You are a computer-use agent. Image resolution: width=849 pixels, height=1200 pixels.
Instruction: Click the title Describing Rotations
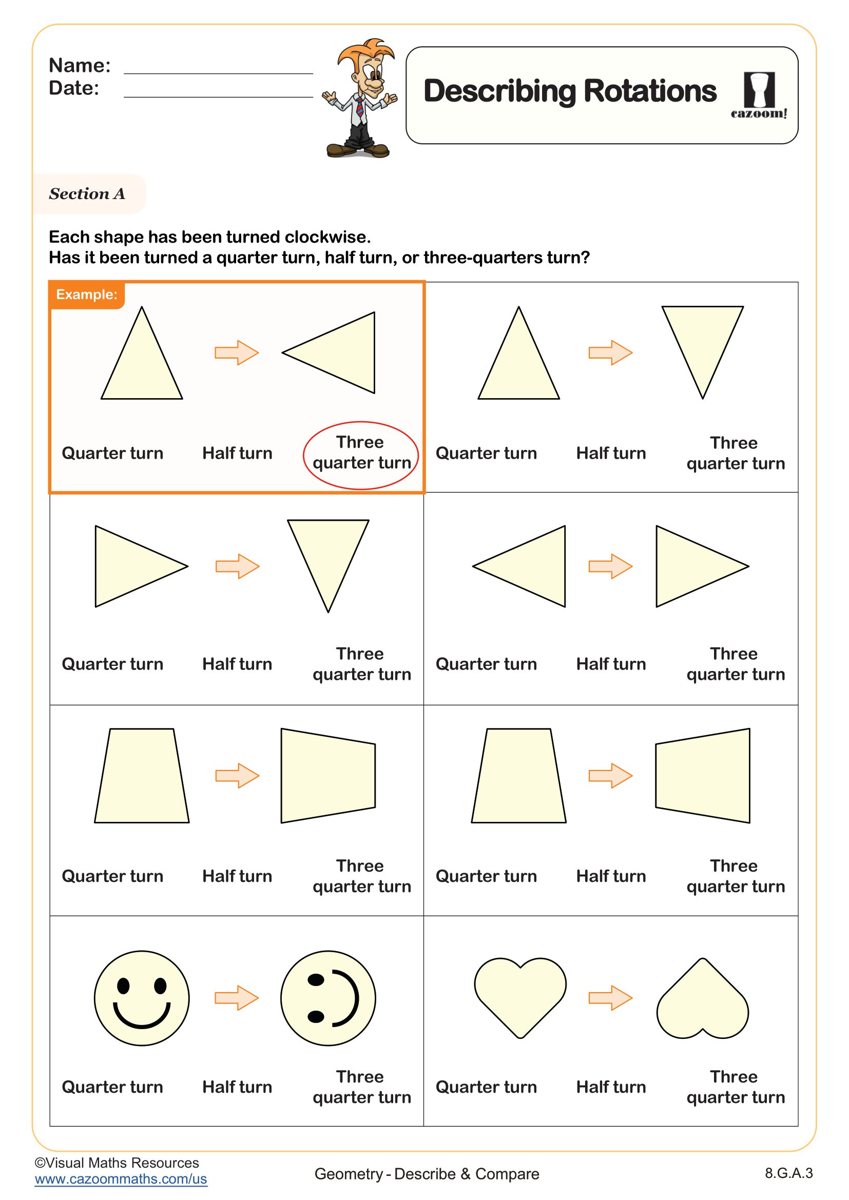click(x=569, y=91)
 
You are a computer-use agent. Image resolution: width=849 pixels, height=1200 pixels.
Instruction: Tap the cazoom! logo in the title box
click(x=759, y=96)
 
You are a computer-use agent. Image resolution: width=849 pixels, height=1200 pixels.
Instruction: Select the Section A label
click(x=87, y=194)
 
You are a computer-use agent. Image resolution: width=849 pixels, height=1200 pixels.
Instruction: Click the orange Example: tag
click(x=87, y=294)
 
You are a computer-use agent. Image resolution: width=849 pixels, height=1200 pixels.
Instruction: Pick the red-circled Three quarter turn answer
click(x=361, y=453)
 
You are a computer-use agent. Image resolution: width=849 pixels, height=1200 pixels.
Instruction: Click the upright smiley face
click(x=142, y=998)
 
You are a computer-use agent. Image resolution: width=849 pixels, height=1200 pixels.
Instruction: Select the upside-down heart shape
click(x=702, y=999)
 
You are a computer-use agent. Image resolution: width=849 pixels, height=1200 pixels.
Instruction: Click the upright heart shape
click(x=519, y=996)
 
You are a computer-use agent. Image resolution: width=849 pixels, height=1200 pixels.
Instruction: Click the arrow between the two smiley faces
click(x=237, y=998)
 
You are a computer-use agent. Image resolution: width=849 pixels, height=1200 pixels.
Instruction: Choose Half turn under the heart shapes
click(x=611, y=1087)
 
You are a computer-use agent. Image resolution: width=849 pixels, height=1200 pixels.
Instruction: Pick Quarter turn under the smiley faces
click(x=112, y=1087)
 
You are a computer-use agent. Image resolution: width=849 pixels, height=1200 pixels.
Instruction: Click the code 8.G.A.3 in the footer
click(x=788, y=1173)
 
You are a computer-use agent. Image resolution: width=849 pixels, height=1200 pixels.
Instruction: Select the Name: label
click(x=80, y=65)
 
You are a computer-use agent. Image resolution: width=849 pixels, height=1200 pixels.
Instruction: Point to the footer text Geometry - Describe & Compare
click(x=427, y=1174)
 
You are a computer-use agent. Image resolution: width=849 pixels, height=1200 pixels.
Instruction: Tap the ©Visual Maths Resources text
click(x=117, y=1163)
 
